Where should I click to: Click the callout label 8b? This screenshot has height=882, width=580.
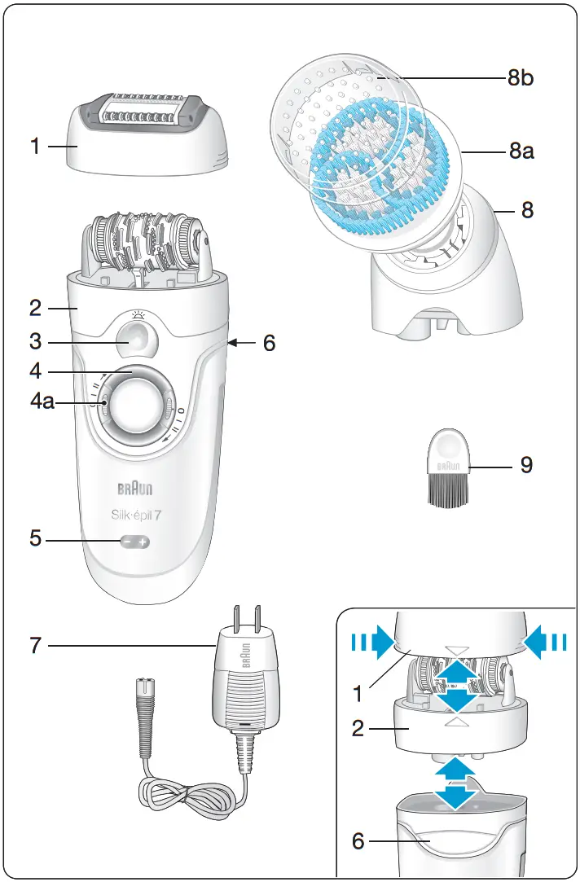click(x=521, y=79)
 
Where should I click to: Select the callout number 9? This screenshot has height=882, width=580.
click(x=527, y=466)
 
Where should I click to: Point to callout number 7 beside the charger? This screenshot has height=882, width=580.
click(x=34, y=646)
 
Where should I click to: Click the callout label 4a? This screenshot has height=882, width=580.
click(x=42, y=402)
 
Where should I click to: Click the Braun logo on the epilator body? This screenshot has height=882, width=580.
click(x=134, y=489)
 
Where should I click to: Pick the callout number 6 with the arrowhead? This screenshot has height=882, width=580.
click(x=268, y=343)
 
